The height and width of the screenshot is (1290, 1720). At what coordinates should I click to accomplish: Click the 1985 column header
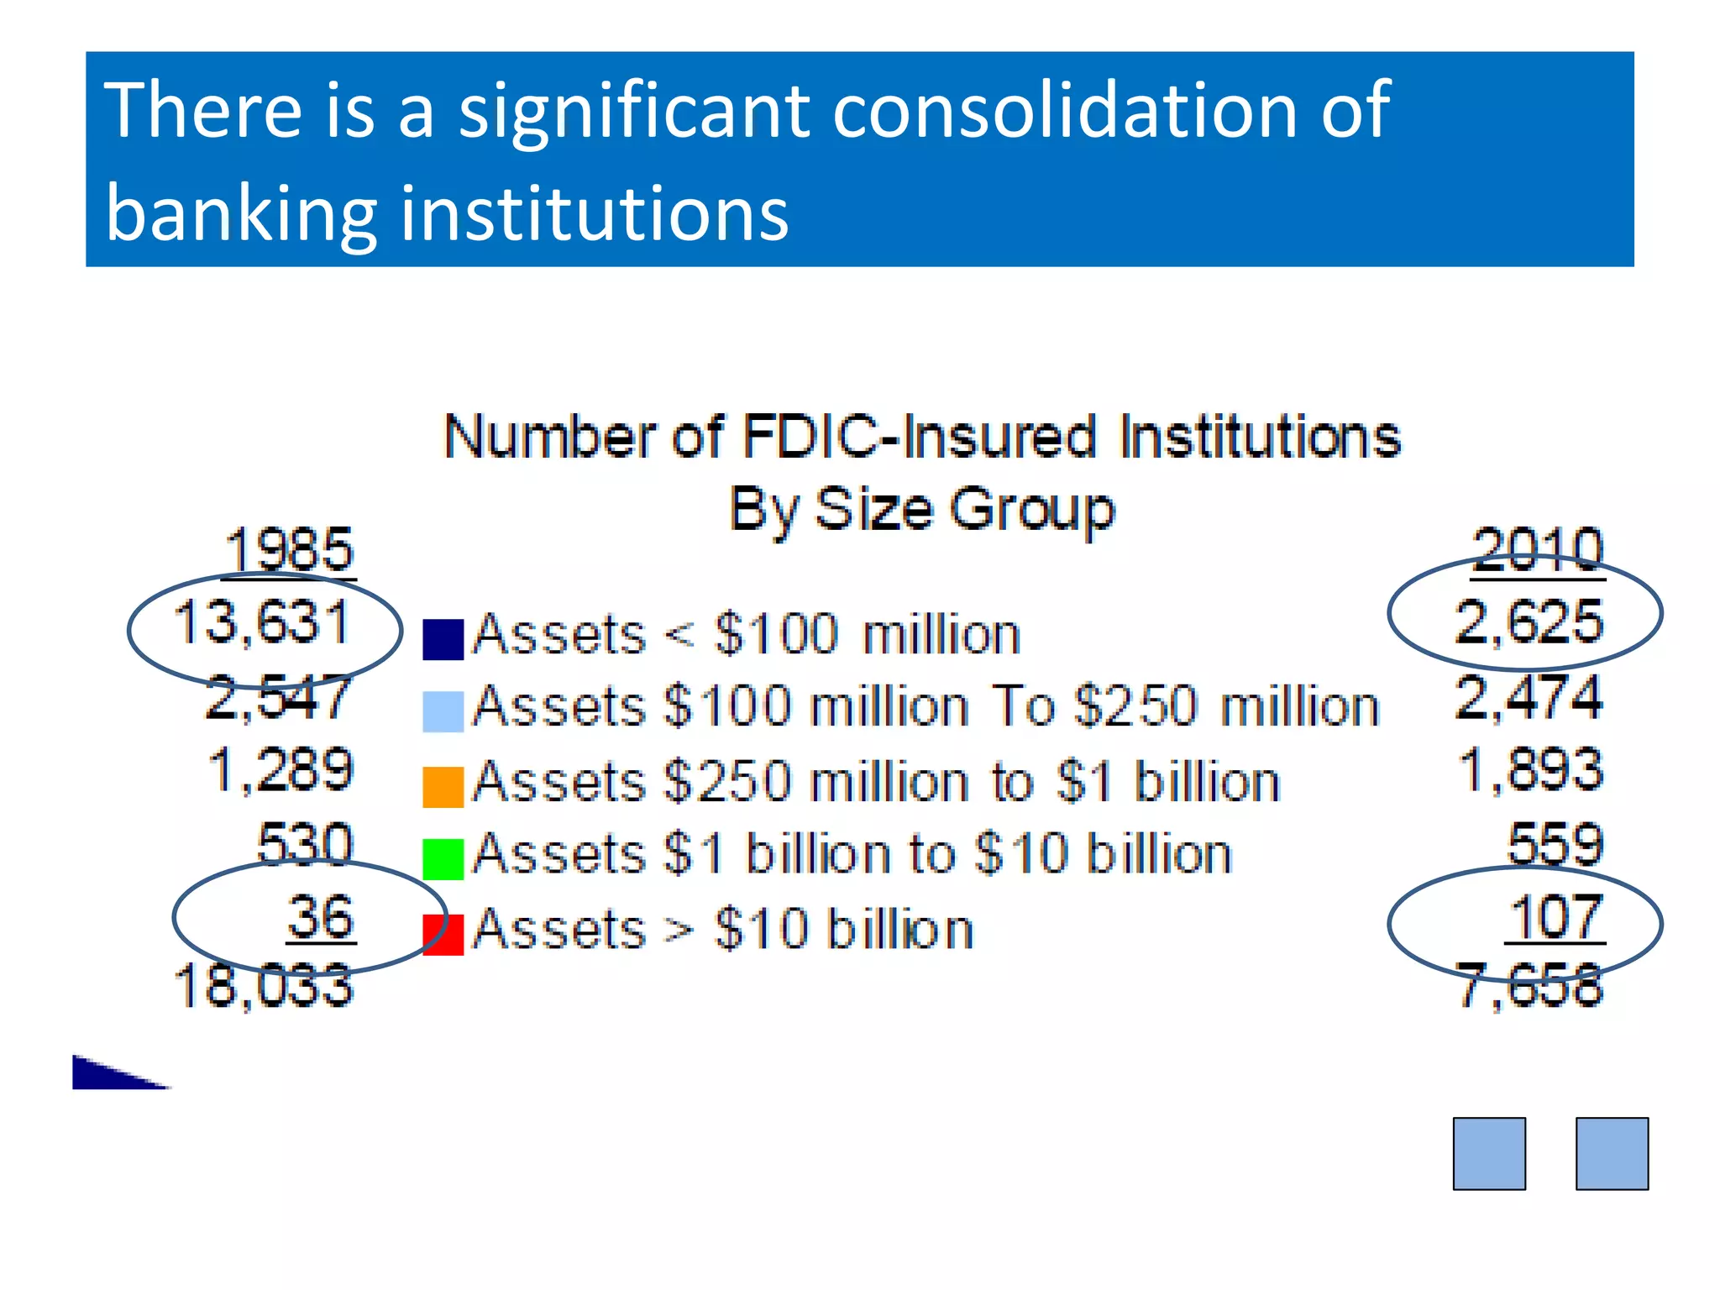coord(290,550)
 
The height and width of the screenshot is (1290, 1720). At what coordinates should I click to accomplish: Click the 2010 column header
coord(1537,550)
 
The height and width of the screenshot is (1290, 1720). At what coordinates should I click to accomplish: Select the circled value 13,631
coord(262,623)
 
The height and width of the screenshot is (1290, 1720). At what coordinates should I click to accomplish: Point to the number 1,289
coord(281,769)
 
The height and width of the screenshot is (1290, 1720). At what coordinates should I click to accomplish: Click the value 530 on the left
coord(305,843)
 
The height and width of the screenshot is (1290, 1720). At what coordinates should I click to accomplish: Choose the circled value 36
coord(320,917)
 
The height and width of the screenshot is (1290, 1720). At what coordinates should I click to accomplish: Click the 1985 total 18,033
coord(264,986)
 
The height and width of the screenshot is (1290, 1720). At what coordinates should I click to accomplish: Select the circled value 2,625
coord(1529,622)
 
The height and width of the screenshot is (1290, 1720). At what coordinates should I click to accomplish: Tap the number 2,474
coord(1529,697)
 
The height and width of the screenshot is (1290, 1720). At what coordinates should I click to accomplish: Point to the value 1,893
coord(1530,769)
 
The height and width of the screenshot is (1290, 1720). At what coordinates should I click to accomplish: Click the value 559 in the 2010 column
coord(1555,843)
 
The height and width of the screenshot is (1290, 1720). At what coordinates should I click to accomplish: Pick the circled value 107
coord(1556,917)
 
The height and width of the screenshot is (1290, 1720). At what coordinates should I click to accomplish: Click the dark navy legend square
coord(443,640)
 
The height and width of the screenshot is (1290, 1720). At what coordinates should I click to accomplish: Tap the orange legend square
coord(443,787)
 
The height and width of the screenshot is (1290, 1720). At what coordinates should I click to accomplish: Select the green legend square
coord(443,859)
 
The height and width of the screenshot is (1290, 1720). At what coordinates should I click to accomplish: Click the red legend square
coord(443,935)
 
